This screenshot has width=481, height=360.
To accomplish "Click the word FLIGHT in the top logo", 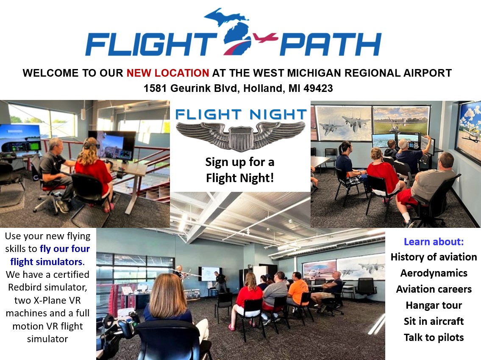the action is point(151,44).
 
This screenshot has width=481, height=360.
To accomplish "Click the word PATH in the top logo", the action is point(331,44).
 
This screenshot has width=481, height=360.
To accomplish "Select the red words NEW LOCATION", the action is point(168,73).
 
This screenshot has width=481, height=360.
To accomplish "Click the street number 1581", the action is point(156,89).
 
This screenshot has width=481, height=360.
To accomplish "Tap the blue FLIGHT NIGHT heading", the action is point(241,114).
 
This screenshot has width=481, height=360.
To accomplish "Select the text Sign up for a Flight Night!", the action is point(240,170).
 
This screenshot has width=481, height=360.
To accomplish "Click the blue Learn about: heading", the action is point(434,242).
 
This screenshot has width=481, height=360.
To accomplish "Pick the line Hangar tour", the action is point(434,305).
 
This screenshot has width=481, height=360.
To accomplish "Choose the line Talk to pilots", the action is point(434,337).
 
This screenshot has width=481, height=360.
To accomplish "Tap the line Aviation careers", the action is point(434,289).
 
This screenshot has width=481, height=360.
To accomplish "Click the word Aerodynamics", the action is point(434,273).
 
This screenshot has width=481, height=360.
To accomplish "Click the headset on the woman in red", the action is point(89,144).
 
